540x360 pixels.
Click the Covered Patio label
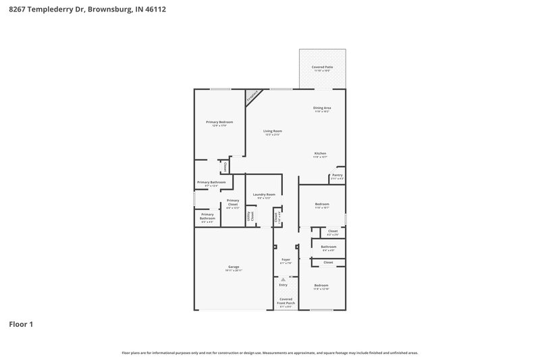coord(322,68)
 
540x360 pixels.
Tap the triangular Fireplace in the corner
coord(253,97)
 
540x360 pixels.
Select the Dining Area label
coord(322,108)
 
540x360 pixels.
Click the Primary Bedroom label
coord(219,122)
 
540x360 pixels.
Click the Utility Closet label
coord(251,216)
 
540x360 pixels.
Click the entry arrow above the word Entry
coord(283,279)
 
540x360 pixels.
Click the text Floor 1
coord(21,324)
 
